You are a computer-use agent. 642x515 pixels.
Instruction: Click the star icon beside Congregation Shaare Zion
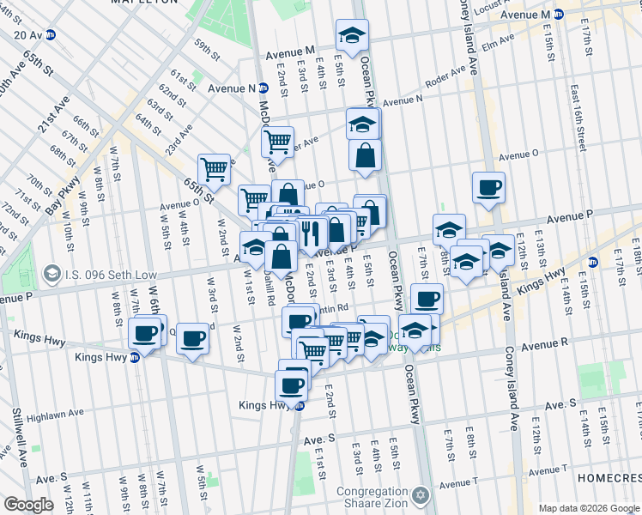click(x=420, y=495)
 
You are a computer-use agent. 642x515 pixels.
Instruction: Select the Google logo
click(x=28, y=505)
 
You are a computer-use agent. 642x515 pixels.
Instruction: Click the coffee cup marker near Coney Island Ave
click(x=488, y=187)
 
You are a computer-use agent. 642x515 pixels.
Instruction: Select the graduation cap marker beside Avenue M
click(x=351, y=35)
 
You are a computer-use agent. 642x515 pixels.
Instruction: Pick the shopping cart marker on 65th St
click(x=214, y=168)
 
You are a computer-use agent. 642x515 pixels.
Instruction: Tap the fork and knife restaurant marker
click(x=310, y=232)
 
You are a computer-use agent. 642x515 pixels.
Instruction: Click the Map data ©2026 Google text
click(x=588, y=508)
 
